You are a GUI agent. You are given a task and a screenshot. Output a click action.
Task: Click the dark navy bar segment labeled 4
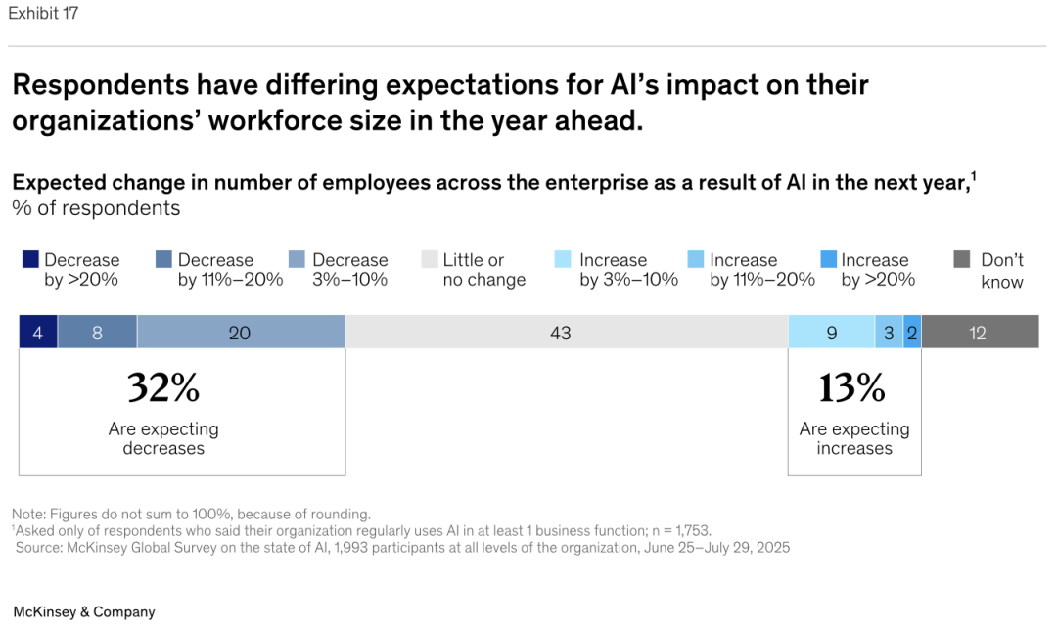pos(38,333)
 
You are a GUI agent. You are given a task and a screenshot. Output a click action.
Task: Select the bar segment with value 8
pos(97,333)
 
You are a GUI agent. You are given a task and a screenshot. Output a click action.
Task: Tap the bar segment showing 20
pos(241,333)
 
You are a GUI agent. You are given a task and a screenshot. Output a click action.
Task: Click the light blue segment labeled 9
pos(831,333)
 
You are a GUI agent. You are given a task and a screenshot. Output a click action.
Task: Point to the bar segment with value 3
pos(889,333)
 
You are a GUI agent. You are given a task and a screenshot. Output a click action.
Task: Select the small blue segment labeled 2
pos(912,333)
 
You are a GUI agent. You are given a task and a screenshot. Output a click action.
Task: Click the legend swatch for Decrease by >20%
pos(30,259)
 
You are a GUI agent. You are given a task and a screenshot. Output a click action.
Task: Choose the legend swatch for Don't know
pos(962,259)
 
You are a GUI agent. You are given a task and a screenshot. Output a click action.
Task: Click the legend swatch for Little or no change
pos(430,259)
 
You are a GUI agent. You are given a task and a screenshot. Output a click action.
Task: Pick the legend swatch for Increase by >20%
pos(829,259)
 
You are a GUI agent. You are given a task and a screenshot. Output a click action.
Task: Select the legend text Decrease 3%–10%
pos(350,270)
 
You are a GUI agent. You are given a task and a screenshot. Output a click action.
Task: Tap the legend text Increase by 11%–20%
pos(761,270)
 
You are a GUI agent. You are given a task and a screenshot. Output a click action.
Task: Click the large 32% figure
pos(163,388)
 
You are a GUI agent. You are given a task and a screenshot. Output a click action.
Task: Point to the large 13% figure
pos(852,388)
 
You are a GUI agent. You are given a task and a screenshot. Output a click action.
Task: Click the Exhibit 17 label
pos(43,14)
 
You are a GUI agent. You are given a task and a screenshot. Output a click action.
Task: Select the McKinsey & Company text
pos(84,611)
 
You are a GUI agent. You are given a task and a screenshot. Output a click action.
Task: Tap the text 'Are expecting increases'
pos(854,438)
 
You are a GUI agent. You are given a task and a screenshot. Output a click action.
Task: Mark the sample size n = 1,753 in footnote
pos(674,530)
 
